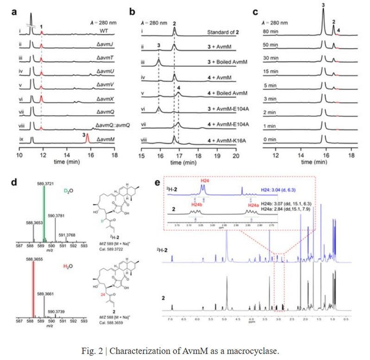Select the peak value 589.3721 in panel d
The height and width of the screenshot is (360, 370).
(44, 184)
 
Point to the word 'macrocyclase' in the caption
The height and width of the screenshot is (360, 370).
(256, 351)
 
